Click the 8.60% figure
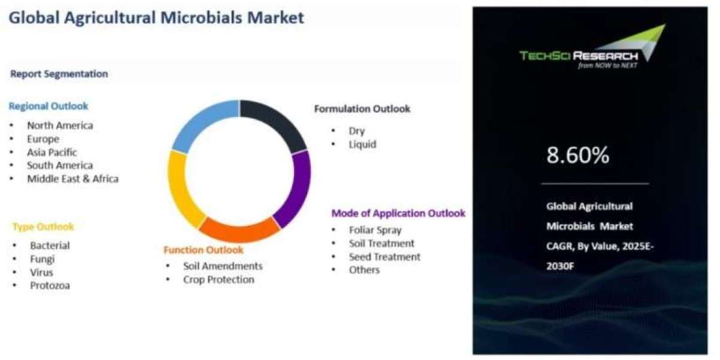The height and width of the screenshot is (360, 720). [578, 155]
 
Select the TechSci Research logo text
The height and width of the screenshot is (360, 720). [578, 56]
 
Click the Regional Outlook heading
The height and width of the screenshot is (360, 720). [48, 106]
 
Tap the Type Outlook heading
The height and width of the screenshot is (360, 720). [43, 227]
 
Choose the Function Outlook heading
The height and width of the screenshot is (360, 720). [203, 250]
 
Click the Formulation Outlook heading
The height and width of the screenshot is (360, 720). [362, 109]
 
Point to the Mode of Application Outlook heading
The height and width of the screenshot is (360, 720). [398, 213]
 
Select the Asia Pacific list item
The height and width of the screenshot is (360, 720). [52, 152]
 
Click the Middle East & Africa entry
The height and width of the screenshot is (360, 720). [73, 179]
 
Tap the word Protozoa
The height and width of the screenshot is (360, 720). [50, 286]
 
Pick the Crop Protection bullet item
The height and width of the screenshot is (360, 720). [218, 280]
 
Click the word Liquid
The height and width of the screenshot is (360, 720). [362, 145]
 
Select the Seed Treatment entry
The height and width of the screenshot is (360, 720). [385, 257]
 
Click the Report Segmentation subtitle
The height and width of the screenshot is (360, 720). [59, 74]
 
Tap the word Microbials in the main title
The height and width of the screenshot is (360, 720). [201, 17]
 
